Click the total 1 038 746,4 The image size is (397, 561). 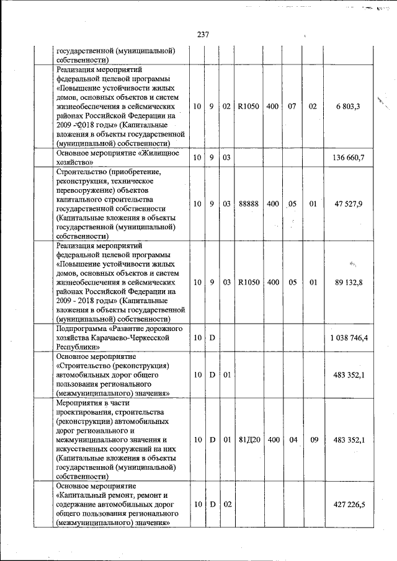[346, 338]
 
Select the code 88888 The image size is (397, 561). [248, 203]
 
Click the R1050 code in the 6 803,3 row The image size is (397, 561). [248, 107]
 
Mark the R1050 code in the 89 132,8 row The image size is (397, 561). [248, 282]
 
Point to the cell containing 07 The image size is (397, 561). [292, 107]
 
